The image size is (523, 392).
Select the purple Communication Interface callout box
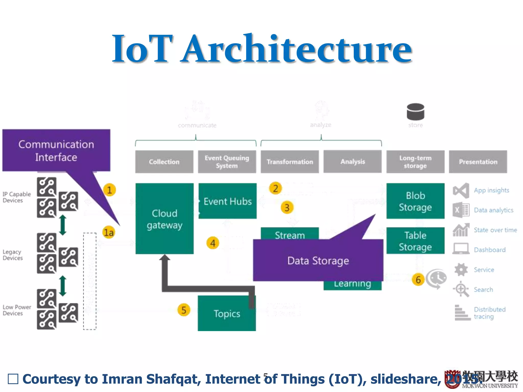click(56, 151)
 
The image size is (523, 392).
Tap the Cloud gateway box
click(164, 219)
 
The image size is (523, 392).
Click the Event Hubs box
click(228, 201)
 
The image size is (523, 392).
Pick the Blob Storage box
click(415, 201)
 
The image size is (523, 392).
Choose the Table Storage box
click(415, 241)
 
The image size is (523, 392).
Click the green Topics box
click(227, 314)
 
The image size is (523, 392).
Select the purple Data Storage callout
click(318, 261)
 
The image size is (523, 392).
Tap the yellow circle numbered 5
click(184, 310)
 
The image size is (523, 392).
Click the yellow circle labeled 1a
click(109, 232)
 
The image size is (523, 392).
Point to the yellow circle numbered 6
click(418, 280)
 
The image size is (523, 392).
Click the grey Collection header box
click(164, 162)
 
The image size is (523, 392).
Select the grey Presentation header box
click(478, 162)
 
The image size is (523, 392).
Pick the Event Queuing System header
click(227, 162)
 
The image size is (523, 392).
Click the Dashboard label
click(490, 250)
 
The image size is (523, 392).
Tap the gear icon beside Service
click(461, 269)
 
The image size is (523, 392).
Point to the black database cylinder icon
click(415, 112)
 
